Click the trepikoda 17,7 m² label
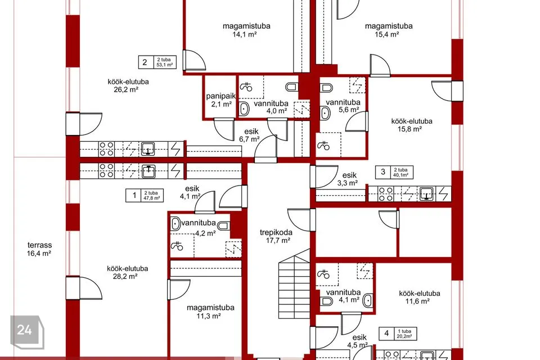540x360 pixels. pyautogui.click(x=276, y=236)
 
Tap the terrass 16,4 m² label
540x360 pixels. pyautogui.click(x=39, y=249)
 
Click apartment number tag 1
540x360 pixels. pyautogui.click(x=145, y=195)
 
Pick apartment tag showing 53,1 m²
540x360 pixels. pyautogui.click(x=157, y=62)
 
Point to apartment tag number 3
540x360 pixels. pyautogui.click(x=394, y=172)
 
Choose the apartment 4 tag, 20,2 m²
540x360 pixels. pyautogui.click(x=398, y=334)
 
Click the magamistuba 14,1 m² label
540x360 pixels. pyautogui.click(x=246, y=30)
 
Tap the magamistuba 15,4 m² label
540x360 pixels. pyautogui.click(x=389, y=30)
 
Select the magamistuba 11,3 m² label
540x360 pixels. pyautogui.click(x=210, y=312)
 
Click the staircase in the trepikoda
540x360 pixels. pyautogui.click(x=294, y=283)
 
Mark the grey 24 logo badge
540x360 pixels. pyautogui.click(x=27, y=332)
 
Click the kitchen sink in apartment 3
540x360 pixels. pyautogui.click(x=426, y=193)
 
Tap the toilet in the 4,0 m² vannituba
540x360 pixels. pyautogui.click(x=292, y=87)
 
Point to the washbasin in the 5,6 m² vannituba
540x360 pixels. pyautogui.click(x=326, y=112)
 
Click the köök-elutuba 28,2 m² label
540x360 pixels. pyautogui.click(x=127, y=272)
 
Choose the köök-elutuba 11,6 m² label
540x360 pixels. pyautogui.click(x=419, y=298)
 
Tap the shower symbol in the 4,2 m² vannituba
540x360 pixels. pyautogui.click(x=177, y=246)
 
